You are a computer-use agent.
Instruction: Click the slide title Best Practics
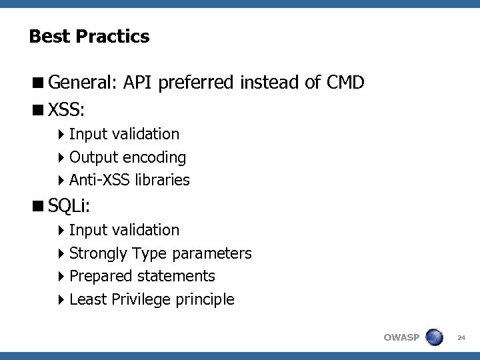pos(89,37)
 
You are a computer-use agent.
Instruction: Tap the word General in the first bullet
pos(83,83)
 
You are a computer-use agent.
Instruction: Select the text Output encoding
pos(127,157)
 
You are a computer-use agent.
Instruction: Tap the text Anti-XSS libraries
pos(129,180)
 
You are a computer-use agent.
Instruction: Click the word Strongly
pos(99,253)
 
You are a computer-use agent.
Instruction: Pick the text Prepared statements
pos(142,276)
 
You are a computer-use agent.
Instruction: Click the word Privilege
pos(141,299)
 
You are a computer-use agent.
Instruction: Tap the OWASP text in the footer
pos(401,337)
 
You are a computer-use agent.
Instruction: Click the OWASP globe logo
pos(434,337)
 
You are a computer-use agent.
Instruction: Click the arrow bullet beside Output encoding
pos(61,157)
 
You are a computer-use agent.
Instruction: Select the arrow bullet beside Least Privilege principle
pos(61,299)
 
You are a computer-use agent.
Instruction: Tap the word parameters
pos(211,253)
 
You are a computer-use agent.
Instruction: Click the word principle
pos(205,299)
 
